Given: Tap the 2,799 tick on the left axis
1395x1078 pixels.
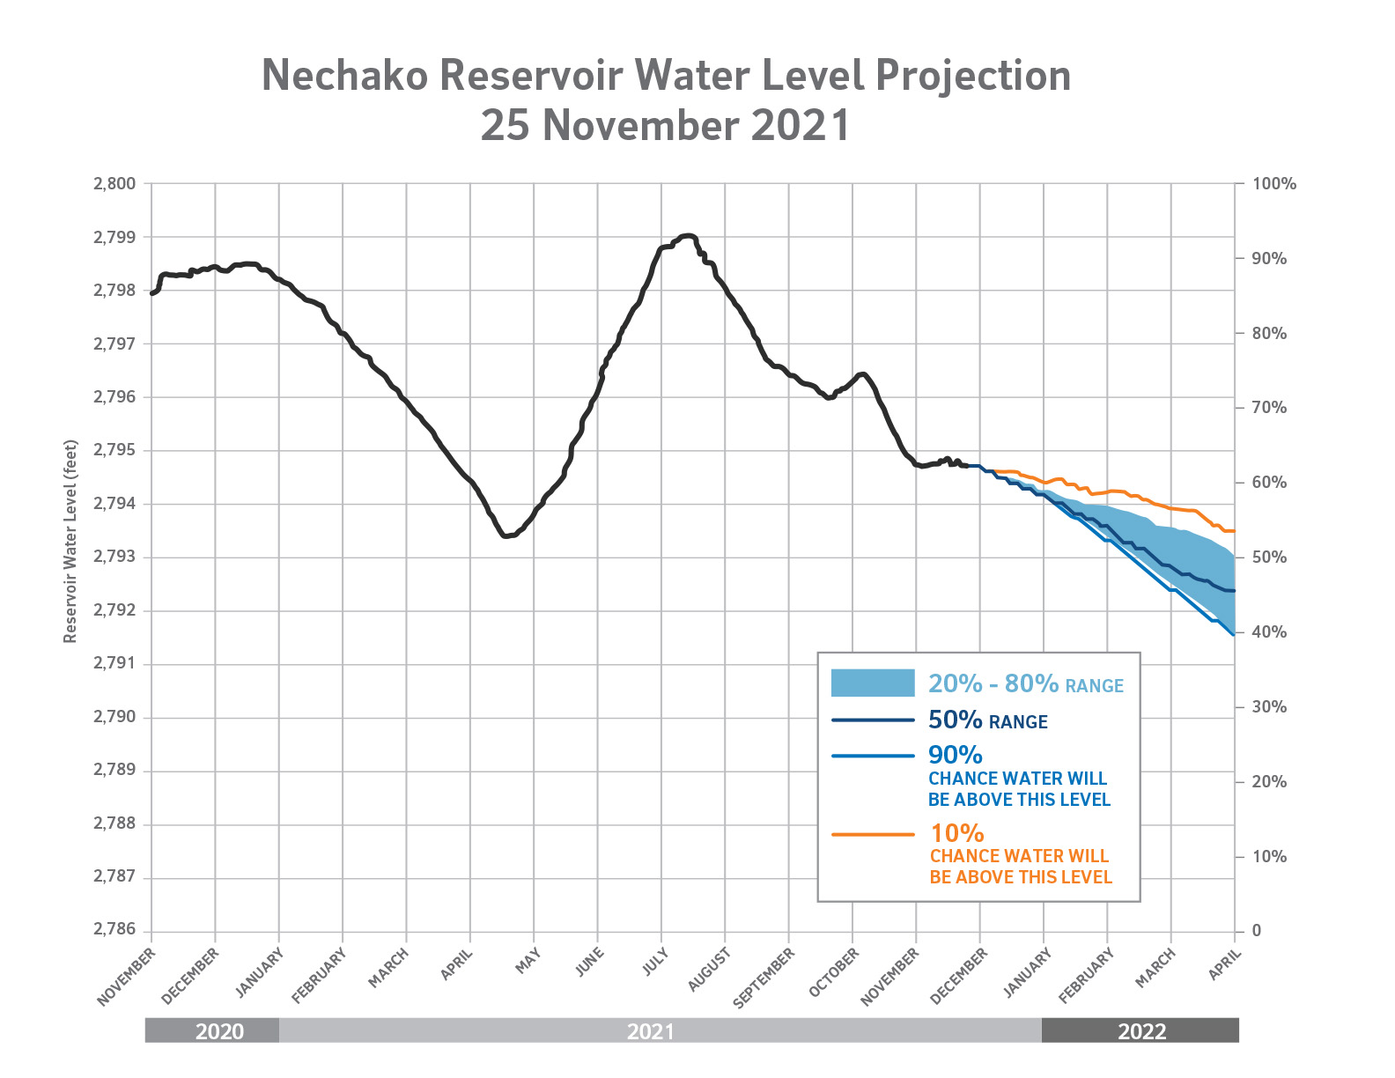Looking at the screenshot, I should coord(114,238).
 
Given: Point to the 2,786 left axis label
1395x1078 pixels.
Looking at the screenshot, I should coord(114,930).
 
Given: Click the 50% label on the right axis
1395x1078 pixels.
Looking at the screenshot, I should coord(1269,557).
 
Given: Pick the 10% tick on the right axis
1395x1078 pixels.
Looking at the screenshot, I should coord(1269,857).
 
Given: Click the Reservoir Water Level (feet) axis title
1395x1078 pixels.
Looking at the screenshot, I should coord(70,542).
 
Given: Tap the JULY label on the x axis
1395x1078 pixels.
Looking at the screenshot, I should coord(655,961).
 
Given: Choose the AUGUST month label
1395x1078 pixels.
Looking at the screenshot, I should coord(710,969).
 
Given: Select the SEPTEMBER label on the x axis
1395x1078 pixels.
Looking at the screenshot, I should coord(764,976).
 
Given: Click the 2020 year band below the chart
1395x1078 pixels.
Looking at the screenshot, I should coord(219,1031).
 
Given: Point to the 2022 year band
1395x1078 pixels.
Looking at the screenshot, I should coord(1141,1031).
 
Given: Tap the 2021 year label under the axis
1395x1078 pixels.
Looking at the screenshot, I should coord(651,1031).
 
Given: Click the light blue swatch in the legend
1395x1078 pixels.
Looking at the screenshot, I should coord(873,683).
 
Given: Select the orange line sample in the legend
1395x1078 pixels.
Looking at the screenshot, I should coord(873,834).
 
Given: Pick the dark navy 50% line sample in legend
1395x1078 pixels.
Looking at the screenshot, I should coord(873,720).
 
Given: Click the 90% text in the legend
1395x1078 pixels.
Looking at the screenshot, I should coord(956,755).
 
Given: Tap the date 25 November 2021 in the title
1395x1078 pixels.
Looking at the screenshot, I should coord(665,125).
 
